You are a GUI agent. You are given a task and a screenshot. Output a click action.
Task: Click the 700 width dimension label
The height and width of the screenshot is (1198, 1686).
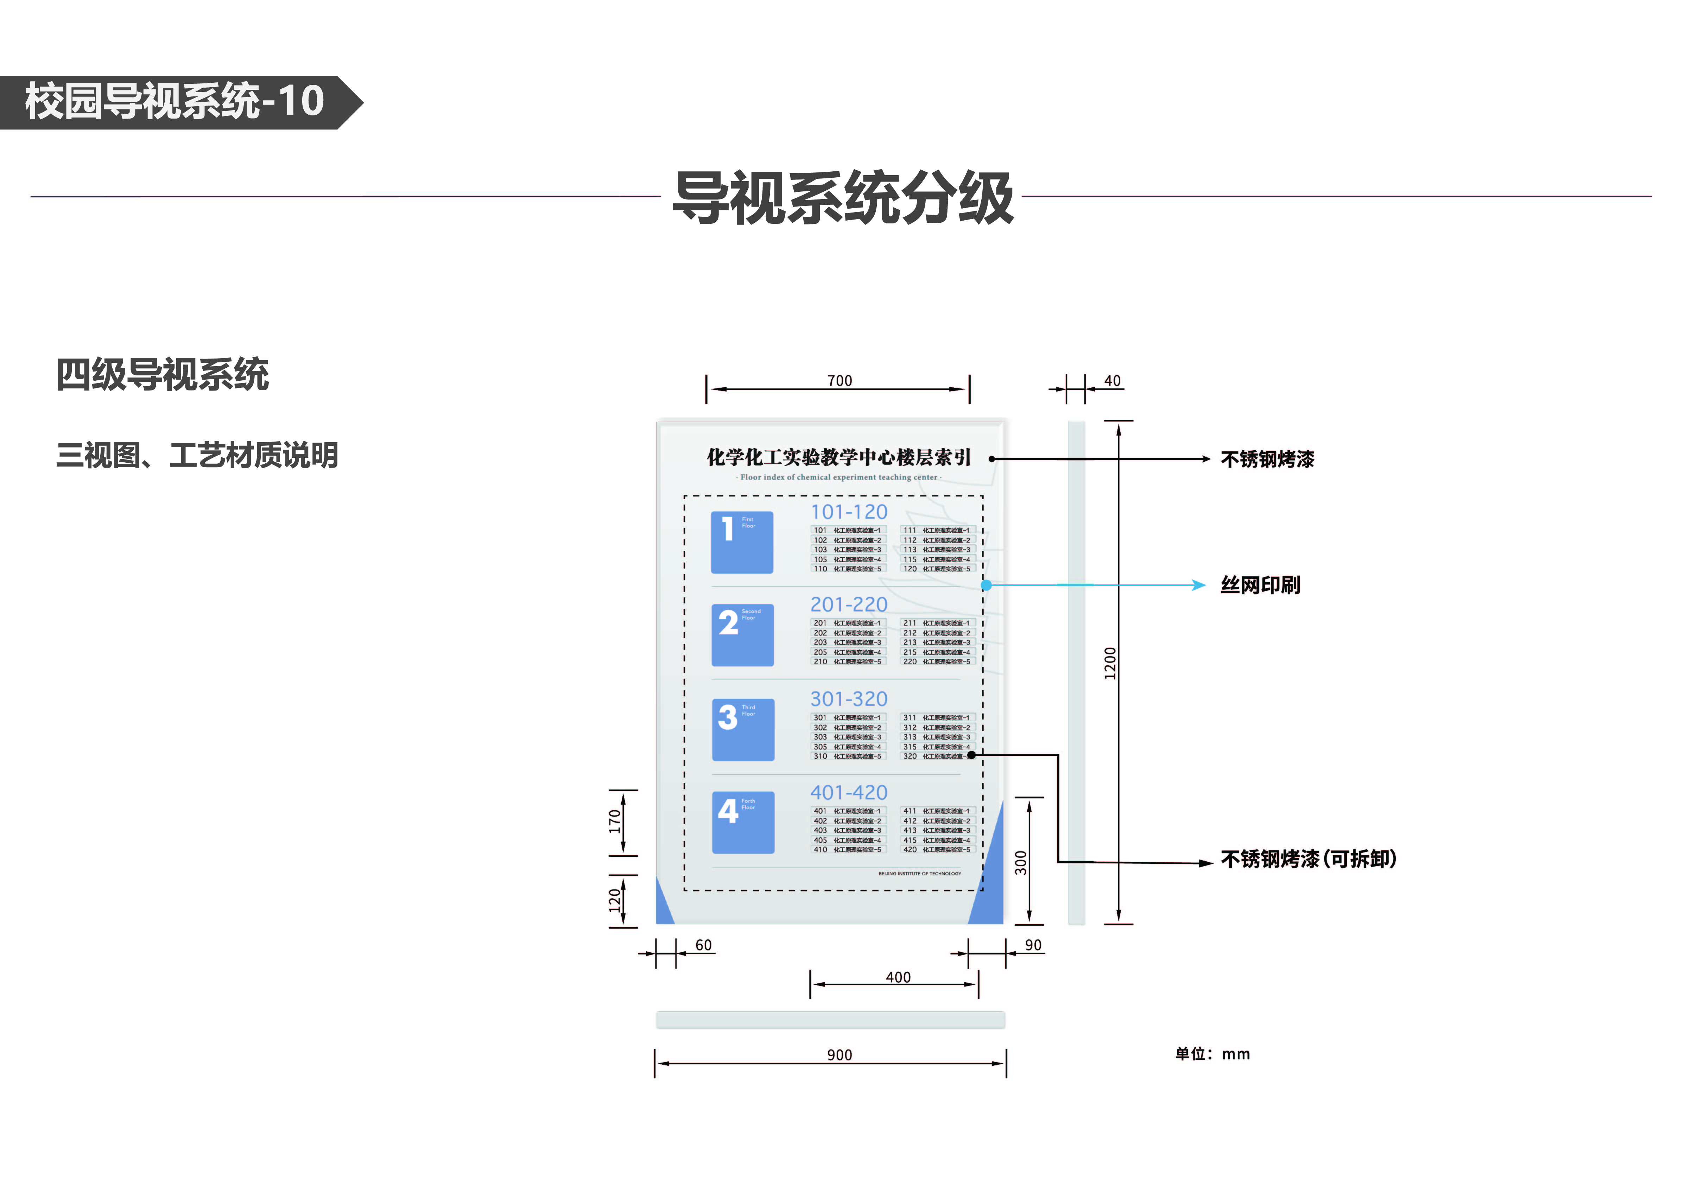[x=839, y=381]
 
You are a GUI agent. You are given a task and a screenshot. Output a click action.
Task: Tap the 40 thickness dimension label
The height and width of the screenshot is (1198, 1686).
[x=1112, y=381]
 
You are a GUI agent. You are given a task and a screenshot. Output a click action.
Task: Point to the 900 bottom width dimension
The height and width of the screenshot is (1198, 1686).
[x=839, y=1055]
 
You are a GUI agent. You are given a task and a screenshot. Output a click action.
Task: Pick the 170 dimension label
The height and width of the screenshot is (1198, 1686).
[x=614, y=821]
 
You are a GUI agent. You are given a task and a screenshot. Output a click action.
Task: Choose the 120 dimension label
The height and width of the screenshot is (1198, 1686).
[x=614, y=900]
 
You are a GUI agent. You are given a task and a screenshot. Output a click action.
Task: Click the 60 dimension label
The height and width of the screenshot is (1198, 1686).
[x=704, y=945]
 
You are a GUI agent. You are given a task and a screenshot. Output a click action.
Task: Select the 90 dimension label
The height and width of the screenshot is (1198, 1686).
[x=1033, y=945]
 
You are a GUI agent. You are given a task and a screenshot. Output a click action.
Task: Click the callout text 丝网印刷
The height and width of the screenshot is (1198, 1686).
[x=1260, y=585]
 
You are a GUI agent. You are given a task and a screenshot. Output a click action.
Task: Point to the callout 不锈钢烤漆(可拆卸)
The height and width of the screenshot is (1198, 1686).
[x=1308, y=859]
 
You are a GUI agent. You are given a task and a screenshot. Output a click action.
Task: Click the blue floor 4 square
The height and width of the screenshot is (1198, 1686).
[x=743, y=823]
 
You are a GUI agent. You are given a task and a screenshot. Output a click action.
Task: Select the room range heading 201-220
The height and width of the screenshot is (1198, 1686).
[x=849, y=604]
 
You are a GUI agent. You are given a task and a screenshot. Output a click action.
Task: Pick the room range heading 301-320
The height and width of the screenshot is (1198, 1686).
[x=849, y=699]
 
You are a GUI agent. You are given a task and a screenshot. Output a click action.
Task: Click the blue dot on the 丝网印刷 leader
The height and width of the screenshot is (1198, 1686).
[x=986, y=585]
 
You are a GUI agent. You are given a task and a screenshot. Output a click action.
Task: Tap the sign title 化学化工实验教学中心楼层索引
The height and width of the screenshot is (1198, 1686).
[x=838, y=457]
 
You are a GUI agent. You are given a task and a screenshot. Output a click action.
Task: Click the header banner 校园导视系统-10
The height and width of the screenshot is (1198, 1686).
[x=175, y=102]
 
